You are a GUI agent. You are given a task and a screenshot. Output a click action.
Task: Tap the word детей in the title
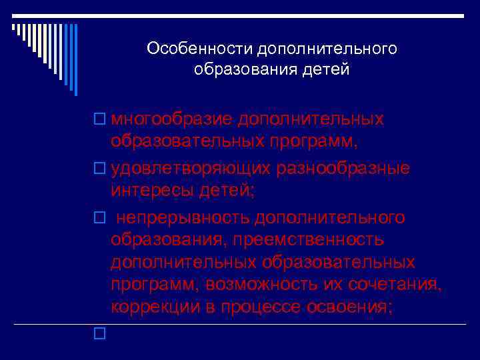(x=327, y=69)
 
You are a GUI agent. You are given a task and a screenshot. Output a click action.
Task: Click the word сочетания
(x=401, y=285)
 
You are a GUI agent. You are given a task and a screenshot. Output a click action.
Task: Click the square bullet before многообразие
(x=99, y=119)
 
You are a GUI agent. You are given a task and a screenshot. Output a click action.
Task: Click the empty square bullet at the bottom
(x=99, y=331)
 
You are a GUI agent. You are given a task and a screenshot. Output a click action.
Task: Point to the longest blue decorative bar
(x=75, y=60)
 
